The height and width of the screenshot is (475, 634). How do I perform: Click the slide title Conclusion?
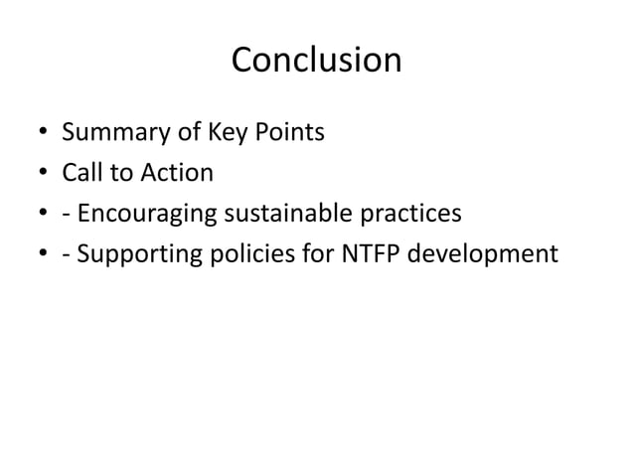click(x=316, y=61)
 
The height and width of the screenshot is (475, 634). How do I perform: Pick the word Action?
click(x=177, y=173)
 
